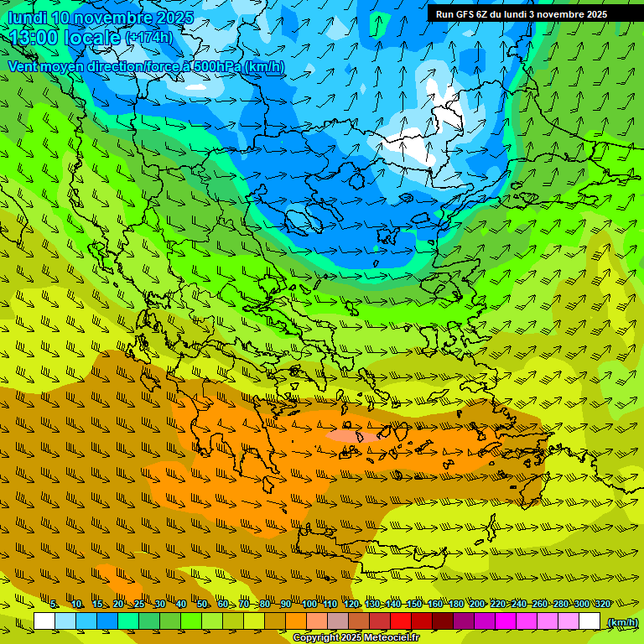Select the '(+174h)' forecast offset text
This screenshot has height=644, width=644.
(149, 38)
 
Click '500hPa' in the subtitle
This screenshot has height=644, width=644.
(217, 66)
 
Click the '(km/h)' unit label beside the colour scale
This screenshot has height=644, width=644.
(621, 622)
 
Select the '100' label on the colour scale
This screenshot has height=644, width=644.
(309, 604)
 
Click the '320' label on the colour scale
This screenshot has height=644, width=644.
(601, 604)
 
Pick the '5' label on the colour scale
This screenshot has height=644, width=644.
(54, 604)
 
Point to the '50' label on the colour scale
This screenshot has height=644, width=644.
(202, 604)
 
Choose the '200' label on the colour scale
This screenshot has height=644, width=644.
(476, 604)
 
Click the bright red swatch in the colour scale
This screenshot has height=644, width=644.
(400, 621)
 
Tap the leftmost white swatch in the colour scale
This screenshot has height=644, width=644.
(44, 621)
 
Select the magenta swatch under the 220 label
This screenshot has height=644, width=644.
(505, 621)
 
